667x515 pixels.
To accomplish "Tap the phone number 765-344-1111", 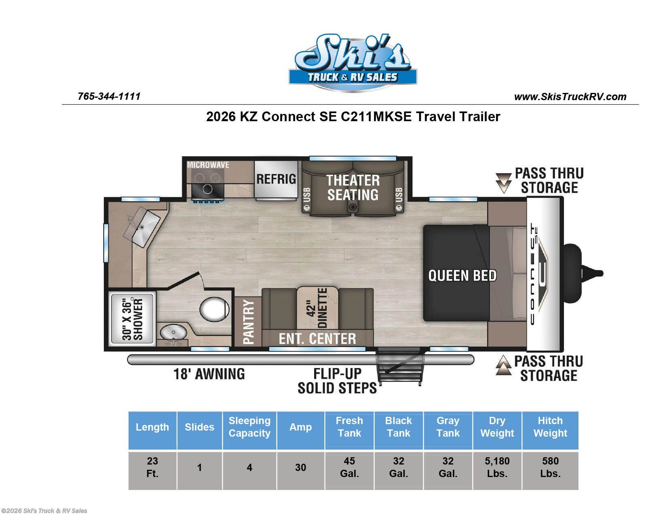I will [x=109, y=96].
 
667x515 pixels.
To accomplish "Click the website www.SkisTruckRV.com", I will [x=570, y=97].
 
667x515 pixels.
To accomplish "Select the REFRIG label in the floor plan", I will [x=276, y=179].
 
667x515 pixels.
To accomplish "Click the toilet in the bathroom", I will [x=214, y=309].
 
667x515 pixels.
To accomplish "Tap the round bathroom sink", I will [x=173, y=333].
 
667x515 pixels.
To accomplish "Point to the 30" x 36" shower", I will [x=132, y=319].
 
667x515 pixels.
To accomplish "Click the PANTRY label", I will [x=248, y=322].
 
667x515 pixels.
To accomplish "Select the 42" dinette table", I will [x=317, y=308].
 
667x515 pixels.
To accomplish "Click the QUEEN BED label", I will [x=462, y=275].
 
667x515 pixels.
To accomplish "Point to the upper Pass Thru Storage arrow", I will [x=503, y=183].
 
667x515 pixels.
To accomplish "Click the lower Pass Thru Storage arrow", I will [x=503, y=365].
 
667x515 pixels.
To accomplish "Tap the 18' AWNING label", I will [x=209, y=374].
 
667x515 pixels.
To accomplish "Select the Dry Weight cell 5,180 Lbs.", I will [x=497, y=467].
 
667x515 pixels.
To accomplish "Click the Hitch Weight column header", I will [x=550, y=427].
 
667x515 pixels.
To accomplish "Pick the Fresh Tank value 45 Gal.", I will [x=349, y=467].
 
